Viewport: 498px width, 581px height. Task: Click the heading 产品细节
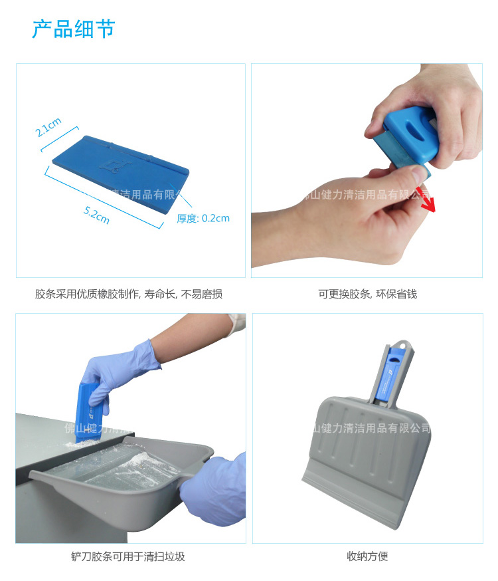pyautogui.click(x=74, y=29)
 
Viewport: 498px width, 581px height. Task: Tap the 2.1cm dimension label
pyautogui.click(x=48, y=126)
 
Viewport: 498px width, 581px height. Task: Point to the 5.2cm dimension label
pyautogui.click(x=96, y=215)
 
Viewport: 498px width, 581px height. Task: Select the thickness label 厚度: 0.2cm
pyautogui.click(x=203, y=218)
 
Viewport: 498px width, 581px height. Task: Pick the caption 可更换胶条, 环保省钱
pyautogui.click(x=367, y=294)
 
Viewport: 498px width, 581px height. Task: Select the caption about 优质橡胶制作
pyautogui.click(x=129, y=294)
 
